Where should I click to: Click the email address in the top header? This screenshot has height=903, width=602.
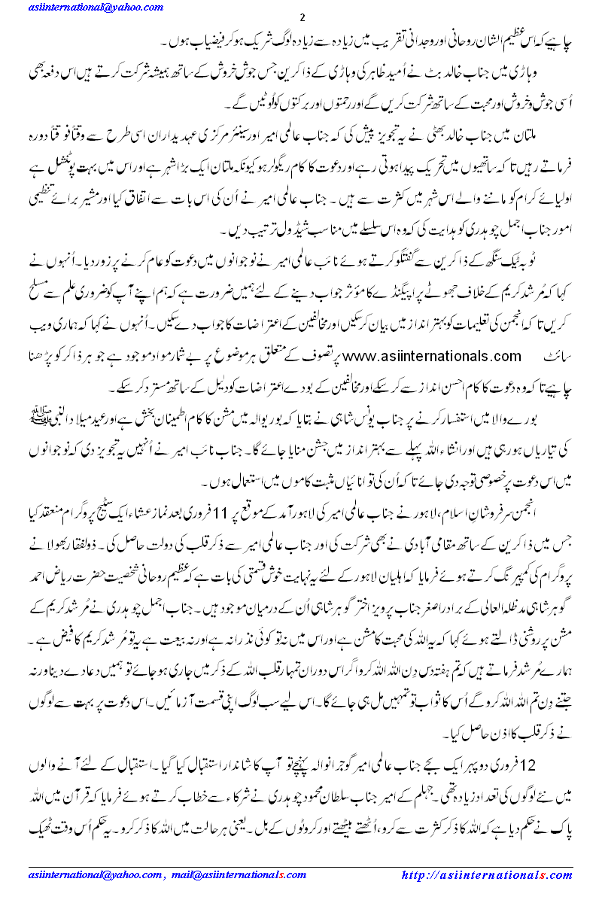pos(84,7)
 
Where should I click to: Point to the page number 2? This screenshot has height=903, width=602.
pos(302,17)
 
